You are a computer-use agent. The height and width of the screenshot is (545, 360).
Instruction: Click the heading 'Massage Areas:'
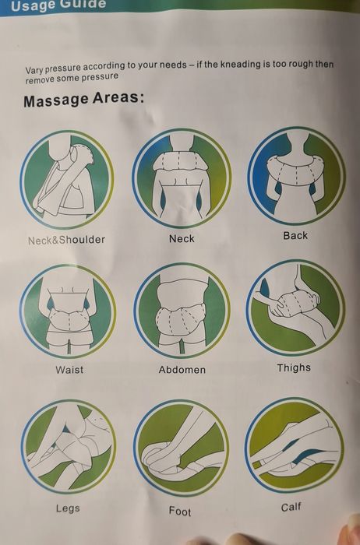[84, 101]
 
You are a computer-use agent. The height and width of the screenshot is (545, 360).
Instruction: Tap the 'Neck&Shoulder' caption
[66, 240]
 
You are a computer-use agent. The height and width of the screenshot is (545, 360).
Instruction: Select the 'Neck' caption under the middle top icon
[182, 238]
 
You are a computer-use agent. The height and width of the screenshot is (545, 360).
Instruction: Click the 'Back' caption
[295, 235]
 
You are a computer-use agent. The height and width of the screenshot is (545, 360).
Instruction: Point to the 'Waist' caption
[69, 370]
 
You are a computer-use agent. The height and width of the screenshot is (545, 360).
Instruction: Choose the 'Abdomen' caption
[182, 370]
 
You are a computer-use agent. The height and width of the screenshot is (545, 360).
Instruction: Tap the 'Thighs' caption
[294, 367]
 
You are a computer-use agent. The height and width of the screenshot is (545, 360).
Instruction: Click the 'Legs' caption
[68, 509]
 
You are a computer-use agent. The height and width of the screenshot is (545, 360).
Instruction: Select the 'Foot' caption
[180, 512]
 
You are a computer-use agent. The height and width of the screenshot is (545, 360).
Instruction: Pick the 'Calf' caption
[291, 508]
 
